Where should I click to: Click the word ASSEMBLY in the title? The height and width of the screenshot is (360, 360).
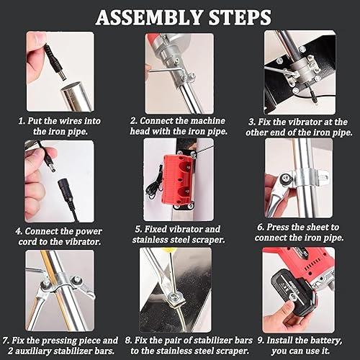click(150, 17)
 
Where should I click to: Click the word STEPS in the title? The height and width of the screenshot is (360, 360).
click(240, 17)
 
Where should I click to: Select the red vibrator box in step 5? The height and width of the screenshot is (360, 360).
click(178, 179)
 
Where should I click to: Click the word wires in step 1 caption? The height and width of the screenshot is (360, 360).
click(71, 121)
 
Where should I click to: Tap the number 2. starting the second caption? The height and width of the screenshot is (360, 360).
click(134, 121)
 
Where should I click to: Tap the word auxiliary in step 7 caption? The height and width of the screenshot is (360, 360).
click(33, 351)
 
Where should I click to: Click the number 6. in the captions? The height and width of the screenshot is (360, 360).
click(261, 227)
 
